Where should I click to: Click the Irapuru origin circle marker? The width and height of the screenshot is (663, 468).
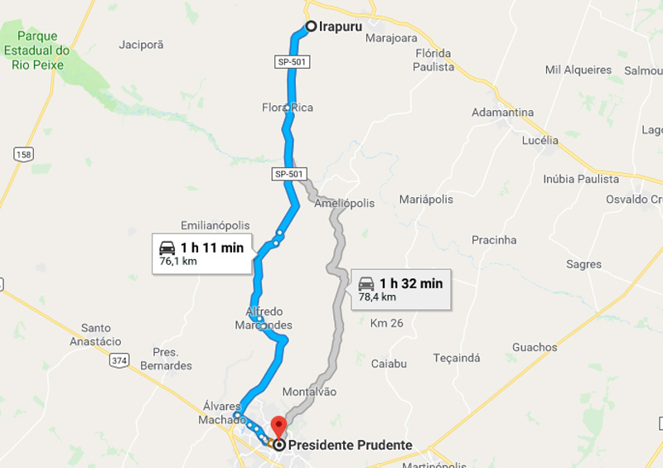tap(311, 27)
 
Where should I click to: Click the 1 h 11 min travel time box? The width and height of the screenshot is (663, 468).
tap(201, 253)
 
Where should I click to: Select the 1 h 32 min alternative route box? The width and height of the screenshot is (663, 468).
tap(401, 289)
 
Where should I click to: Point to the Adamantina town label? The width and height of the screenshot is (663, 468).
tap(502, 112)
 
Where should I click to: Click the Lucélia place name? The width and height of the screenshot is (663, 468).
tap(540, 140)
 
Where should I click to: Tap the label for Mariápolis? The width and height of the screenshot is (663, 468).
tap(426, 200)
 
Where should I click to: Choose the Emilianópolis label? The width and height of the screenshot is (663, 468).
tap(215, 225)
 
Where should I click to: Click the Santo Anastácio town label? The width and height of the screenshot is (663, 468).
tap(101, 335)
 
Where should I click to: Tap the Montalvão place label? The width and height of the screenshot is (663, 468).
tap(310, 392)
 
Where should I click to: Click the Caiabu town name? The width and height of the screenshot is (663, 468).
tap(389, 364)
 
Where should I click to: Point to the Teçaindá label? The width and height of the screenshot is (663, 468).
tap(457, 358)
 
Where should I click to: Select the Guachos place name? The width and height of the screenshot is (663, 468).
tap(535, 347)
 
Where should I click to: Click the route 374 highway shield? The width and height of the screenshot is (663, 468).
tap(119, 360)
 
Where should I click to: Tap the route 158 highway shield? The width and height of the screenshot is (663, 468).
tap(24, 154)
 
